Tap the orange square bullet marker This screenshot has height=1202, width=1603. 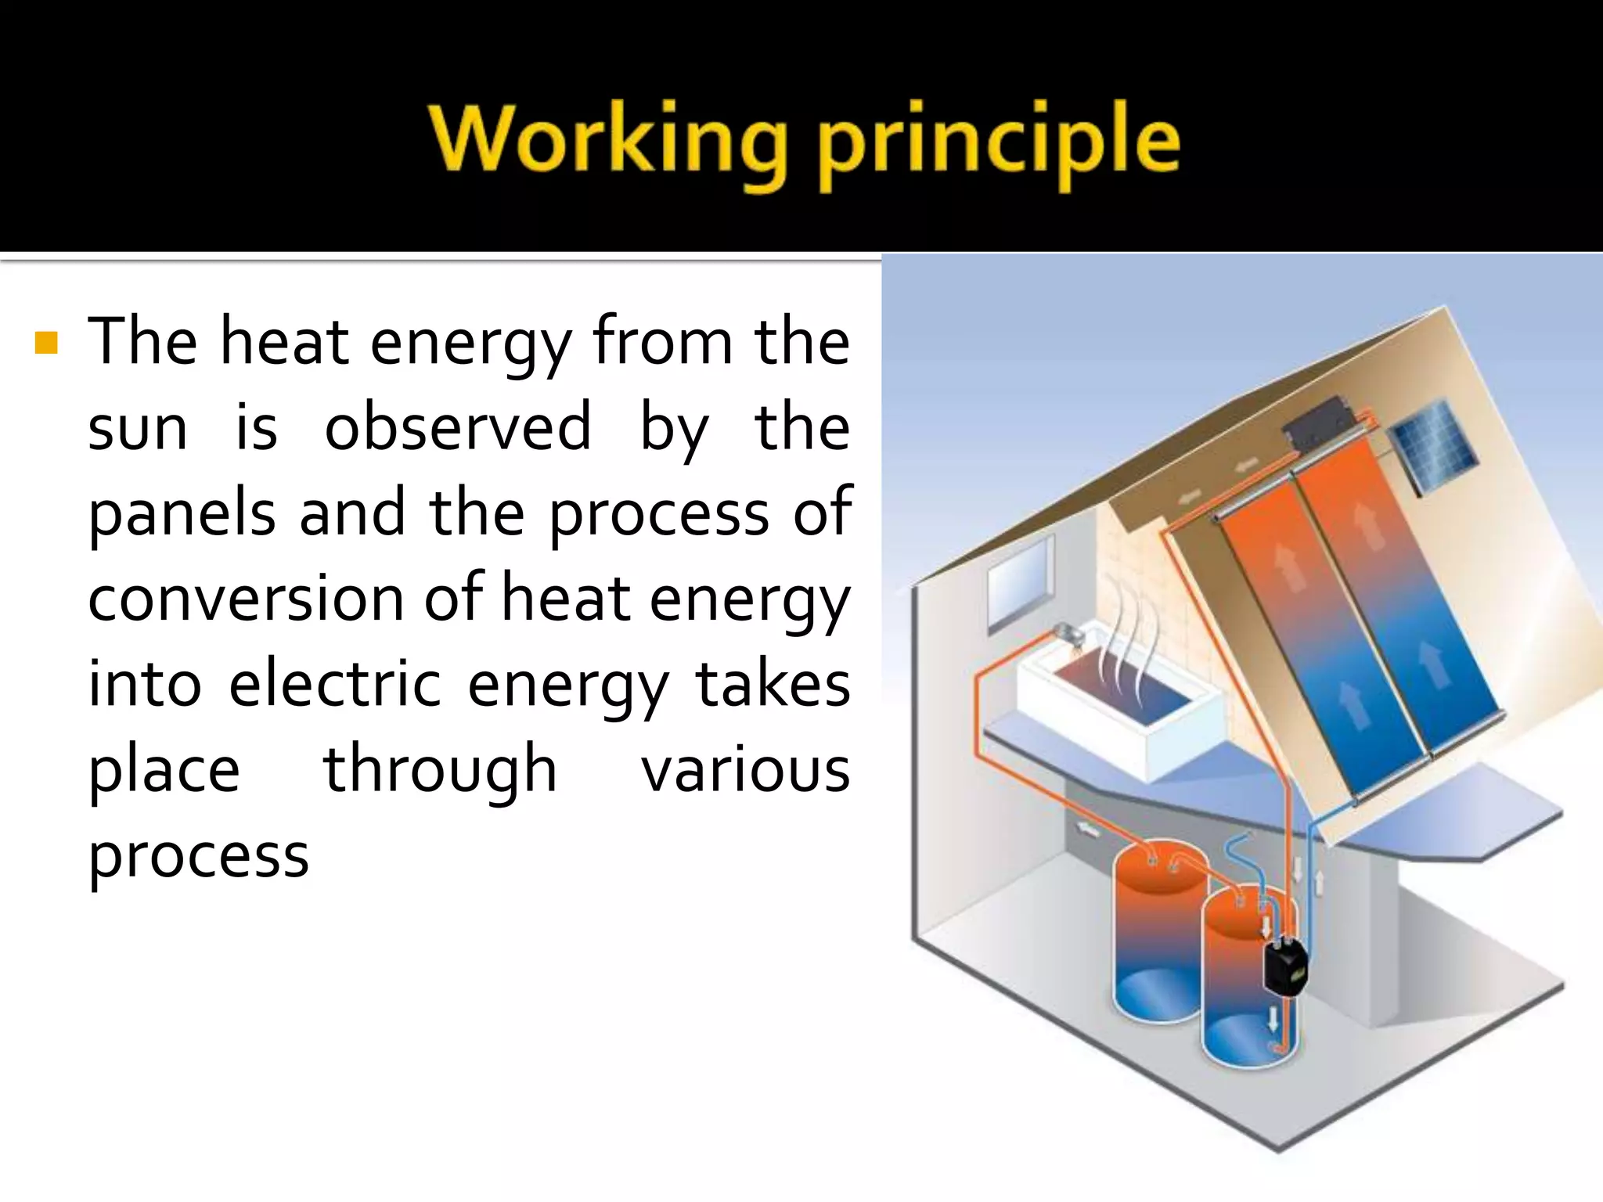point(47,343)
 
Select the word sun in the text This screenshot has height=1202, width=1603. point(138,429)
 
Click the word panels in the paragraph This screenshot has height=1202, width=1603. point(182,515)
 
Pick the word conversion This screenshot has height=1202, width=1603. point(245,599)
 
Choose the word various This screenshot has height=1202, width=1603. point(745,770)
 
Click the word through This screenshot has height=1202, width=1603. point(440,770)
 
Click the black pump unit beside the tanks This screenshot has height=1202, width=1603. point(1284,966)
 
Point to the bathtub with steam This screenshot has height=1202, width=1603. point(1119,720)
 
